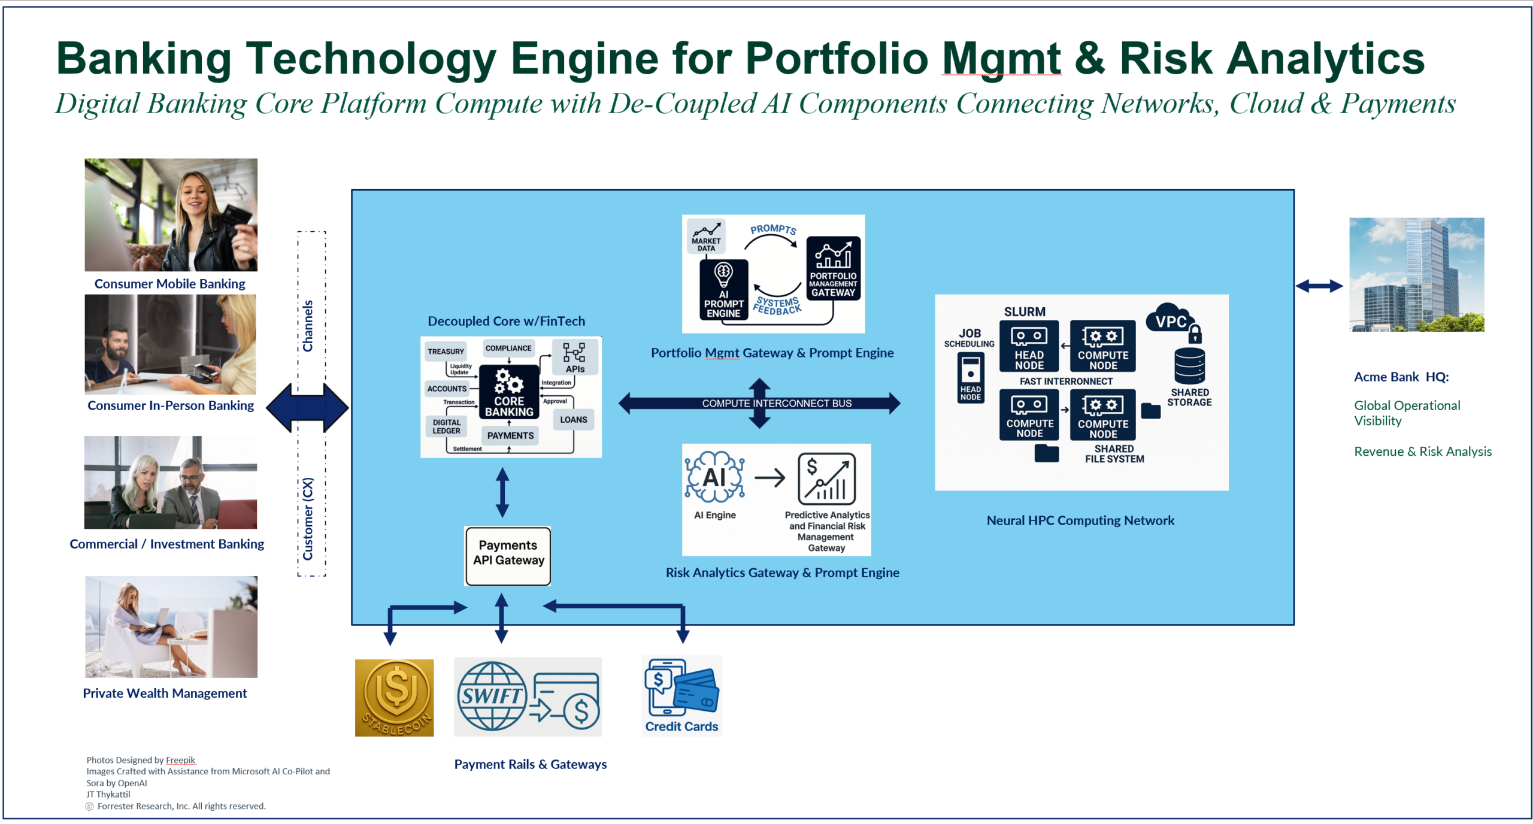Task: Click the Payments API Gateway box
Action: point(508,555)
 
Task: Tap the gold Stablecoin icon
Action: point(394,697)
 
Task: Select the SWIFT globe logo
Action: point(492,695)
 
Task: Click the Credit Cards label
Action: point(681,726)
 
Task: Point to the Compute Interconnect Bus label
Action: point(777,403)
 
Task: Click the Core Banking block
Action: point(508,393)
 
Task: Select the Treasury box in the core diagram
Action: point(446,351)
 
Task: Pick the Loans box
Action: point(573,419)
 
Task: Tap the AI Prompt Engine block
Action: point(723,290)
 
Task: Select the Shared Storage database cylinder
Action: point(1189,365)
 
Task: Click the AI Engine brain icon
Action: point(714,477)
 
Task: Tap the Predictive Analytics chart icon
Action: point(826,478)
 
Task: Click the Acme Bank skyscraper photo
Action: point(1416,274)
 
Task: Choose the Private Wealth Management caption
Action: point(165,693)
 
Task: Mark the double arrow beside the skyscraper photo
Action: point(1319,286)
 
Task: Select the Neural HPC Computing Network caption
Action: point(1080,520)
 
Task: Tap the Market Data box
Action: point(706,237)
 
